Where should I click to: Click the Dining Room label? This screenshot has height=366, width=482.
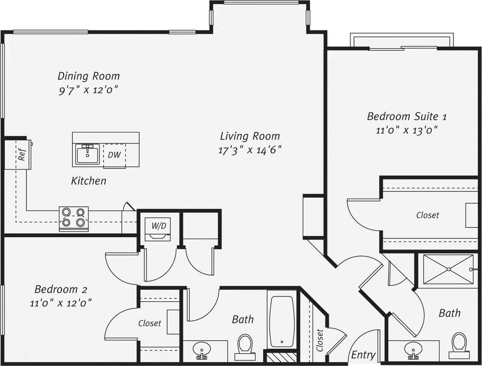click(89, 76)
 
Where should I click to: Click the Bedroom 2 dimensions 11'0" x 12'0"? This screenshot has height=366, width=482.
click(61, 303)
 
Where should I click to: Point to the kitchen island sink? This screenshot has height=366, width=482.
click(88, 154)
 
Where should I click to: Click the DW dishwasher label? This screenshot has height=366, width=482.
click(114, 155)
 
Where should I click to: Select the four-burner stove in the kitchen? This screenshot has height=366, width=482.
click(74, 218)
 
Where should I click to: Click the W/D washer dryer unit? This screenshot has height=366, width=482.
click(158, 229)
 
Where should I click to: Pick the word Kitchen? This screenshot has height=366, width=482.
click(89, 181)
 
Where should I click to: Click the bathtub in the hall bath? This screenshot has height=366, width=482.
click(281, 321)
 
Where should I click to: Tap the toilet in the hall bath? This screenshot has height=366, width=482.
click(245, 346)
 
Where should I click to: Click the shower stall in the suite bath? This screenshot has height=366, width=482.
click(448, 269)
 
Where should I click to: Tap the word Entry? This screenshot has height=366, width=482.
click(363, 355)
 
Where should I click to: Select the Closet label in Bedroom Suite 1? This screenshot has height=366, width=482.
click(428, 215)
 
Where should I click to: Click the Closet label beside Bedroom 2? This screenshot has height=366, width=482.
click(150, 323)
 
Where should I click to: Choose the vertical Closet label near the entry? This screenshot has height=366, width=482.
click(320, 340)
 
